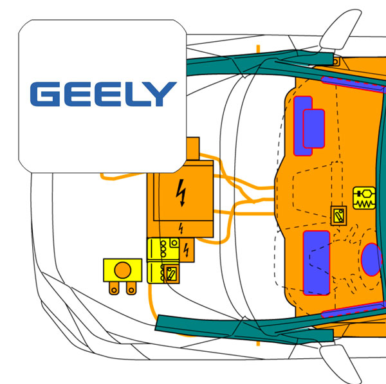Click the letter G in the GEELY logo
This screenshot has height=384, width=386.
pos(44,94)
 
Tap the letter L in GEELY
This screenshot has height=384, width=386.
pos(135,94)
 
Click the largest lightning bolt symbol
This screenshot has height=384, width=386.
pos(181,193)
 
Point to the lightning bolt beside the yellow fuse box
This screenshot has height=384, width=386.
pos(187,250)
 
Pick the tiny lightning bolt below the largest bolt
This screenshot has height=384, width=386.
pos(181,228)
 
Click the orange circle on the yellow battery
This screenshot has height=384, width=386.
pos(123,270)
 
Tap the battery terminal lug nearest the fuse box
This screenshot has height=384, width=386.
pos(131,288)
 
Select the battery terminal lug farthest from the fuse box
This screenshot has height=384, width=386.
pos(114,288)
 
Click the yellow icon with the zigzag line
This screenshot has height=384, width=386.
pos(364,198)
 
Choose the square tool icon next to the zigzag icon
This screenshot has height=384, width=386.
pos(339,215)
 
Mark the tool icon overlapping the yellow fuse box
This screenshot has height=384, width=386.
pos(171,274)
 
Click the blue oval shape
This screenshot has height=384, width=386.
pos(372,259)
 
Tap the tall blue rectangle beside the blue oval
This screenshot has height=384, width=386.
pos(317,262)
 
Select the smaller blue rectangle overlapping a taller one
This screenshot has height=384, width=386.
pos(314,129)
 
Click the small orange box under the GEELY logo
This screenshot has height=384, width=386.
pos(193,149)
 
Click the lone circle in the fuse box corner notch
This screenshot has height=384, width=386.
pos(174,243)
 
